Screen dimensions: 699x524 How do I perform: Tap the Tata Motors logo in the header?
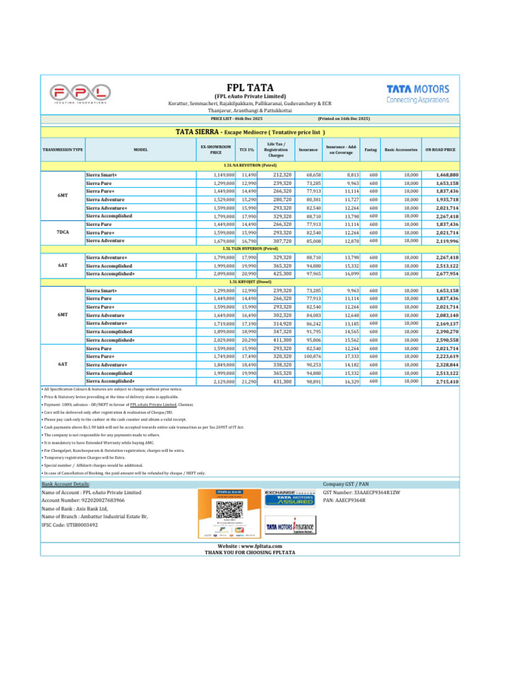click(418, 93)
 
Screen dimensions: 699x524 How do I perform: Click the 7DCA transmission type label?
click(62, 232)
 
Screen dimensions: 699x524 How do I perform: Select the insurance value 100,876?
click(312, 356)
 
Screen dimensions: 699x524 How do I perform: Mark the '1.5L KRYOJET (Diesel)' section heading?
click(250, 281)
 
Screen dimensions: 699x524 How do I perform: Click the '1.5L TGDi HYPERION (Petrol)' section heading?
click(250, 248)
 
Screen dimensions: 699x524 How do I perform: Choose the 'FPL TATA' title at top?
click(250, 87)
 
